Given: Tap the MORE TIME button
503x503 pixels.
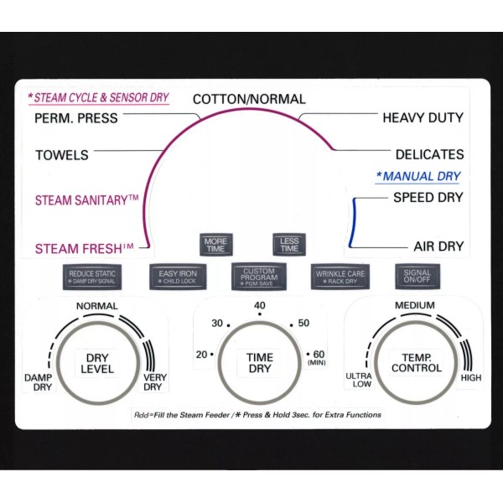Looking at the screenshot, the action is point(215,245).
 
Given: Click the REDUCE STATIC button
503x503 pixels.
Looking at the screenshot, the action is point(94,276).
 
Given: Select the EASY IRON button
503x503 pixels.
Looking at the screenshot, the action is point(177,276).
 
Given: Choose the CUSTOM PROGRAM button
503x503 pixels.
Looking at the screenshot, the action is point(259,276).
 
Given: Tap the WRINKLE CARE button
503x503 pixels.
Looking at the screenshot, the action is point(340,276).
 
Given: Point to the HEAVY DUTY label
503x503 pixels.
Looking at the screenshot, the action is point(423,118).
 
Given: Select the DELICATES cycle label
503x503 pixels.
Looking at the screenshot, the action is point(429,155).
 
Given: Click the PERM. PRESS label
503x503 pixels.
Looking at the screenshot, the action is point(76,118).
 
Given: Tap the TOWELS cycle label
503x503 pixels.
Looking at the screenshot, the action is point(62,155).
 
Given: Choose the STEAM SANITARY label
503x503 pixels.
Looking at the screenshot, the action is point(86,200).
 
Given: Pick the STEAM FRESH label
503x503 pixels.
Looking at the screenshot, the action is point(85,248).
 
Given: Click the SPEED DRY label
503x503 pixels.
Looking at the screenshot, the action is point(428,198).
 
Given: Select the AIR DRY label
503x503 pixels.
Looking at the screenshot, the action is point(438,247).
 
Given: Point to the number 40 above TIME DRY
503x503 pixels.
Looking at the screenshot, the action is point(260,305).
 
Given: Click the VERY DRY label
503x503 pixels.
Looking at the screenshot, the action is point(155,382).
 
